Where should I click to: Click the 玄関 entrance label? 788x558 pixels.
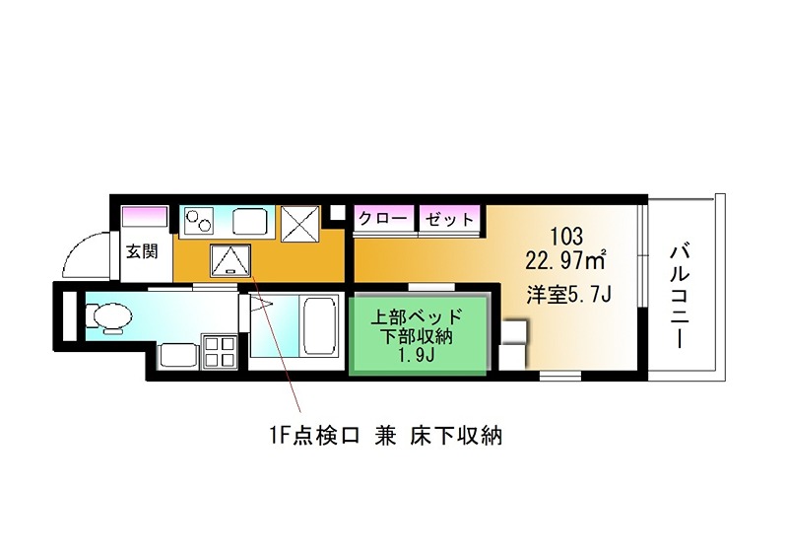coord(142,250)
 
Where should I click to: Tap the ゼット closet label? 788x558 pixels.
coord(449,218)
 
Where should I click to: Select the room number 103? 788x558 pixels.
coord(566,237)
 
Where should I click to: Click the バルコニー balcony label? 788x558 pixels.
coord(679,293)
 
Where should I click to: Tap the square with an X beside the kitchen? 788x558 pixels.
coord(299,224)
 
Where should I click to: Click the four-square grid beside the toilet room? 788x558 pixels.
coord(220,351)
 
